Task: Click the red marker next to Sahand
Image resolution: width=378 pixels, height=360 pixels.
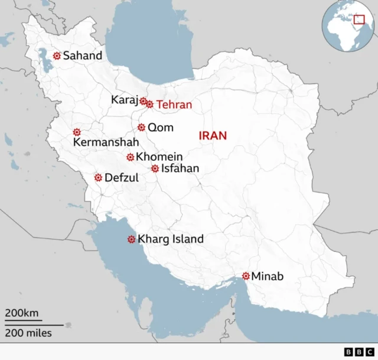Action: pos(57,56)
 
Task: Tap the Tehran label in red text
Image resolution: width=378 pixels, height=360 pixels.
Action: pos(174,105)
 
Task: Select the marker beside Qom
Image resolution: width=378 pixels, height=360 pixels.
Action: pos(142,127)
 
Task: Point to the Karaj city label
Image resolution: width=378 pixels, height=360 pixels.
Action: pos(124,100)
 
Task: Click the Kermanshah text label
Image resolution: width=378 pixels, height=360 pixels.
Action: pos(106,142)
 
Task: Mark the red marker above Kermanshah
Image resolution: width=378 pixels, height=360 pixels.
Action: pos(76,132)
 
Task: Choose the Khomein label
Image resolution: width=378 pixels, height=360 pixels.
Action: pos(159,157)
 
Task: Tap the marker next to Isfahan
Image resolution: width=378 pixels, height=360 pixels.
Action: pos(155,168)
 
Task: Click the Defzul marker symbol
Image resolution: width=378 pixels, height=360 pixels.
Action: pos(98,177)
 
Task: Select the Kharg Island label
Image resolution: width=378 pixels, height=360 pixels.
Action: pos(170,239)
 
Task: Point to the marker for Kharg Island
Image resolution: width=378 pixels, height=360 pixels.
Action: pos(131,239)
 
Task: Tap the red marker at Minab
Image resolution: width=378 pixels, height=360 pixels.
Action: pos(246,276)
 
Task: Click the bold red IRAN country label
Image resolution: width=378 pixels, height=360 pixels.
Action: pos(213,136)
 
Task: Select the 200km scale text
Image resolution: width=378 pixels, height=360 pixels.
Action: pos(22,313)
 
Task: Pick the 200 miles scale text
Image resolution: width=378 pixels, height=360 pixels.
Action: pos(28,333)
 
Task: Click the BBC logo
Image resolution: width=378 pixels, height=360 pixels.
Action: pos(356,352)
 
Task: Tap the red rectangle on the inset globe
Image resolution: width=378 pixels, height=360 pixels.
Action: pos(359,20)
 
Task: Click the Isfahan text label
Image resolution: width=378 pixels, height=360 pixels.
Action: pos(180,168)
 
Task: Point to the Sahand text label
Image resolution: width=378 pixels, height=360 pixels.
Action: pos(83,56)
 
